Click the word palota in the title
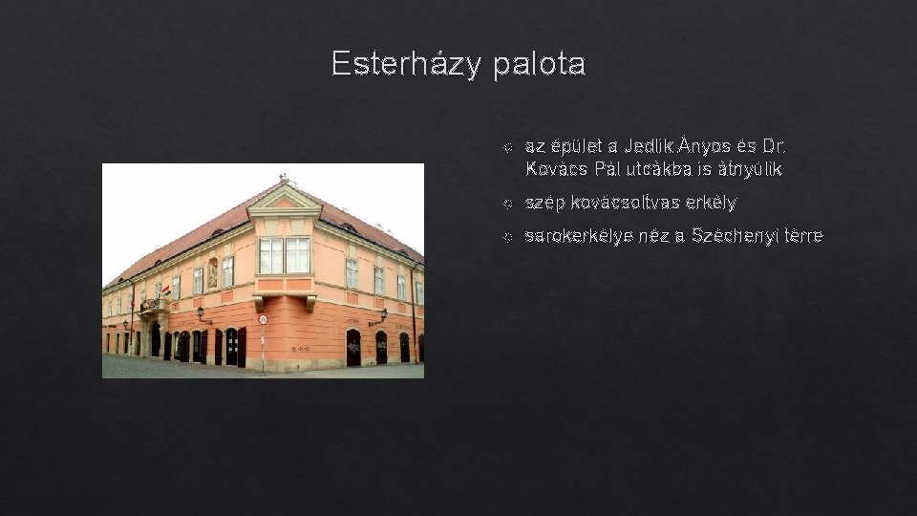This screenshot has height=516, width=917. pos(540,64)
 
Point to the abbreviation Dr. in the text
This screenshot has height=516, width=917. pos(774,147)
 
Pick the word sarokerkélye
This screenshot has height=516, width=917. pos(577,236)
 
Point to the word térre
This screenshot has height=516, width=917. pos(801,236)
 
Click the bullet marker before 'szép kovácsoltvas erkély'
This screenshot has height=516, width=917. pos(508,204)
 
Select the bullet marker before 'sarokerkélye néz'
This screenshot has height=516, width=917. pos(508,236)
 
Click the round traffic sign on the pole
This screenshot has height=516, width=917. pos(263,319)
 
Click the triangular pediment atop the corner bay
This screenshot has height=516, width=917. pos(284,199)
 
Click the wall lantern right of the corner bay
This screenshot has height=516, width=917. pos(382,313)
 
